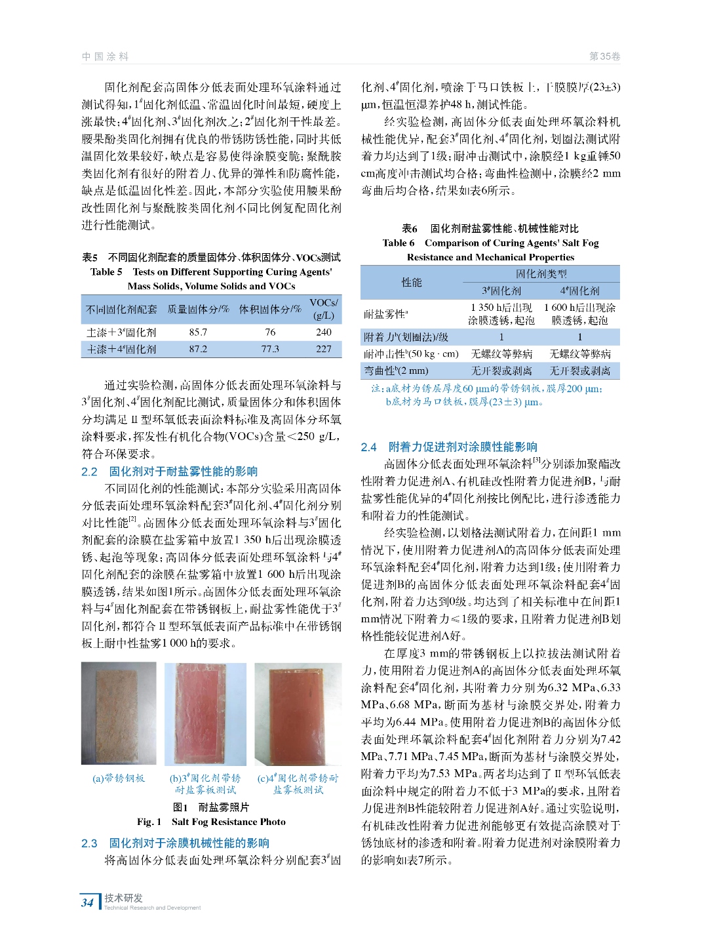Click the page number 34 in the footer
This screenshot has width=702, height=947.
(87, 902)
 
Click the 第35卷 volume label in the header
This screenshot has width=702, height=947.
(604, 56)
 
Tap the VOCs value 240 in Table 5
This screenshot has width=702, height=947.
(324, 332)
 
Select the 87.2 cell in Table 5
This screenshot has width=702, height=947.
(198, 349)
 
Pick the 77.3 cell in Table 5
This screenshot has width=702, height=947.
(270, 349)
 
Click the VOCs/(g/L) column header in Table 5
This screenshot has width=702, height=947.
(324, 309)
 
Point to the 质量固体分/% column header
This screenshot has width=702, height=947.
(198, 309)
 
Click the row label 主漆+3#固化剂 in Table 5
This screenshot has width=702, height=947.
(121, 332)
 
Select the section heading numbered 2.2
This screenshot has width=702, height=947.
(170, 471)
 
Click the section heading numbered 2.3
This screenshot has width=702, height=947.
(176, 843)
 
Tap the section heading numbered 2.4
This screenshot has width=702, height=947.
(449, 447)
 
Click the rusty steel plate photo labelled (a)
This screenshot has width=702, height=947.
(119, 713)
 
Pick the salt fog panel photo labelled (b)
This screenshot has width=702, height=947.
(205, 714)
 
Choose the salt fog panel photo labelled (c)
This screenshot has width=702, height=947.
(298, 714)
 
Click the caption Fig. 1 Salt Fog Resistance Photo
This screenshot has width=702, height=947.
(211, 822)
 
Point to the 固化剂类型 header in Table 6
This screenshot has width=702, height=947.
(541, 273)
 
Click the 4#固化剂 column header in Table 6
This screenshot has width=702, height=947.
(579, 291)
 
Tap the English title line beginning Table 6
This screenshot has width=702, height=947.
(490, 243)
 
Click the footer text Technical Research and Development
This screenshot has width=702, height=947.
(152, 908)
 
